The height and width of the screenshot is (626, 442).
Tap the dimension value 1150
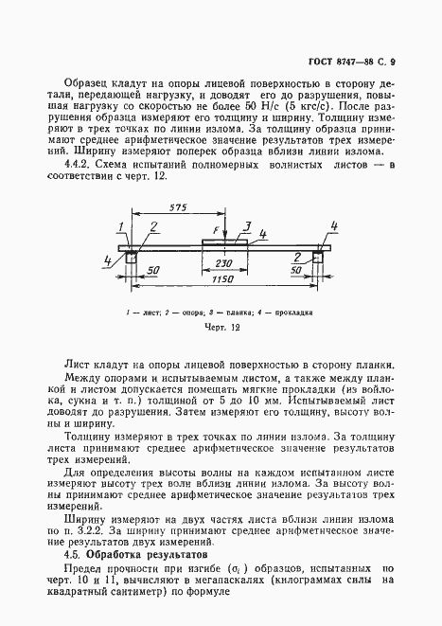[x=221, y=281]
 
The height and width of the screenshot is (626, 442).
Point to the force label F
[x=215, y=230]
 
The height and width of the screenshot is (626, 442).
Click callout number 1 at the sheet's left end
[x=122, y=224]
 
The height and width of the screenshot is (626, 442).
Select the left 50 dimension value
[x=152, y=270]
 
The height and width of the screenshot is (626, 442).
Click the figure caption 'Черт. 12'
[x=223, y=327]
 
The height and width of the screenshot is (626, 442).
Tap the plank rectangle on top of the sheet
[x=224, y=244]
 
